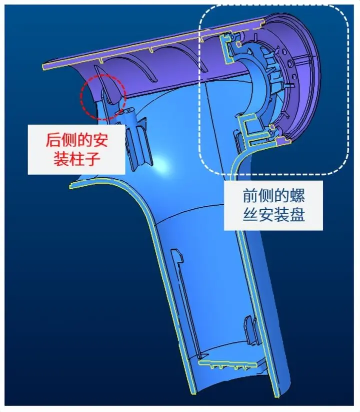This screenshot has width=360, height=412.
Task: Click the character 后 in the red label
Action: click(x=54, y=140)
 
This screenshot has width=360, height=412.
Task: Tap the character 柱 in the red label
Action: click(x=77, y=159)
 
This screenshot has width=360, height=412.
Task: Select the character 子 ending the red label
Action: click(x=92, y=159)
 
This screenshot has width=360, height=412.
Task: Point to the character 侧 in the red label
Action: click(x=69, y=140)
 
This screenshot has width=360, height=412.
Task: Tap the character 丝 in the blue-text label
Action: click(x=250, y=215)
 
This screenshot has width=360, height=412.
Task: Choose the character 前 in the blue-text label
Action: click(x=250, y=196)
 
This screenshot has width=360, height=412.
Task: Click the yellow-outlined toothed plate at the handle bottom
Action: click(x=227, y=364)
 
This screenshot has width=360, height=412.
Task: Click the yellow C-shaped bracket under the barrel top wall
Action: click(x=226, y=49)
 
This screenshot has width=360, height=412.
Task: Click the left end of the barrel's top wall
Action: click(x=43, y=67)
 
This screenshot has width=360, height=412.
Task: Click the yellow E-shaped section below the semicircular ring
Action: click(x=252, y=130)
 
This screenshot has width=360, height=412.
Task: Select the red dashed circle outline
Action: click(x=81, y=98)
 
